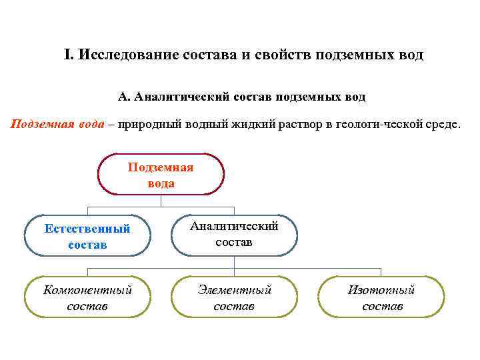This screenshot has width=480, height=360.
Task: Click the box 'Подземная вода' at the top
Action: [161, 175]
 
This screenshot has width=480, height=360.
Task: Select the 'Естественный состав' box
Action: [87, 236]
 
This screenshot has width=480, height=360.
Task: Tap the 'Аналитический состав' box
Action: [233, 235]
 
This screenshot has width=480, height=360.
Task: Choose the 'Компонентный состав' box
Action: [87, 297]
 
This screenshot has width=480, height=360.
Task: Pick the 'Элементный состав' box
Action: [233, 297]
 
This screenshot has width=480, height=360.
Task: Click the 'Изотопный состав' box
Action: [382, 297]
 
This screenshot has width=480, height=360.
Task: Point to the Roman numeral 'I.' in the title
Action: [68, 54]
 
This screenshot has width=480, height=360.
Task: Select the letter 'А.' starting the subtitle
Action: [124, 97]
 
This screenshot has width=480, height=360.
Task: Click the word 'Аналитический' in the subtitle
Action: [182, 97]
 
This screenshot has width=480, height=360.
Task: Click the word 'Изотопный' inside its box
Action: [382, 290]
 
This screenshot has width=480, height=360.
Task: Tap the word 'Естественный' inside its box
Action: [87, 229]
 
